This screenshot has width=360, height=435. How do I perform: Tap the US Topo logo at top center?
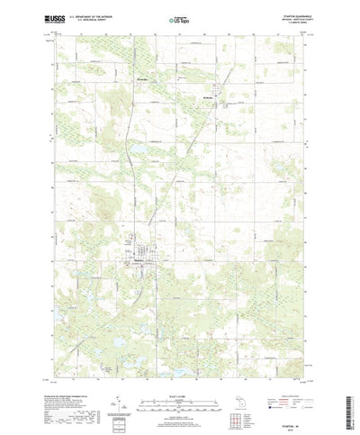(x=178, y=17)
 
